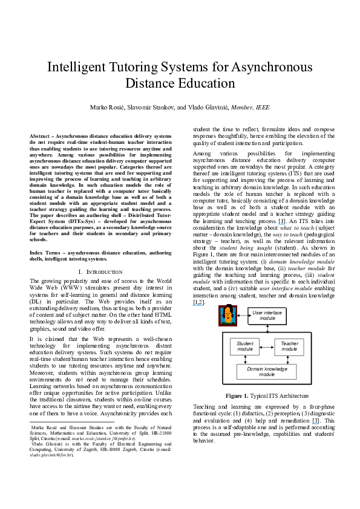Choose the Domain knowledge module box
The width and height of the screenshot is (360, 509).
click(267, 371)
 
